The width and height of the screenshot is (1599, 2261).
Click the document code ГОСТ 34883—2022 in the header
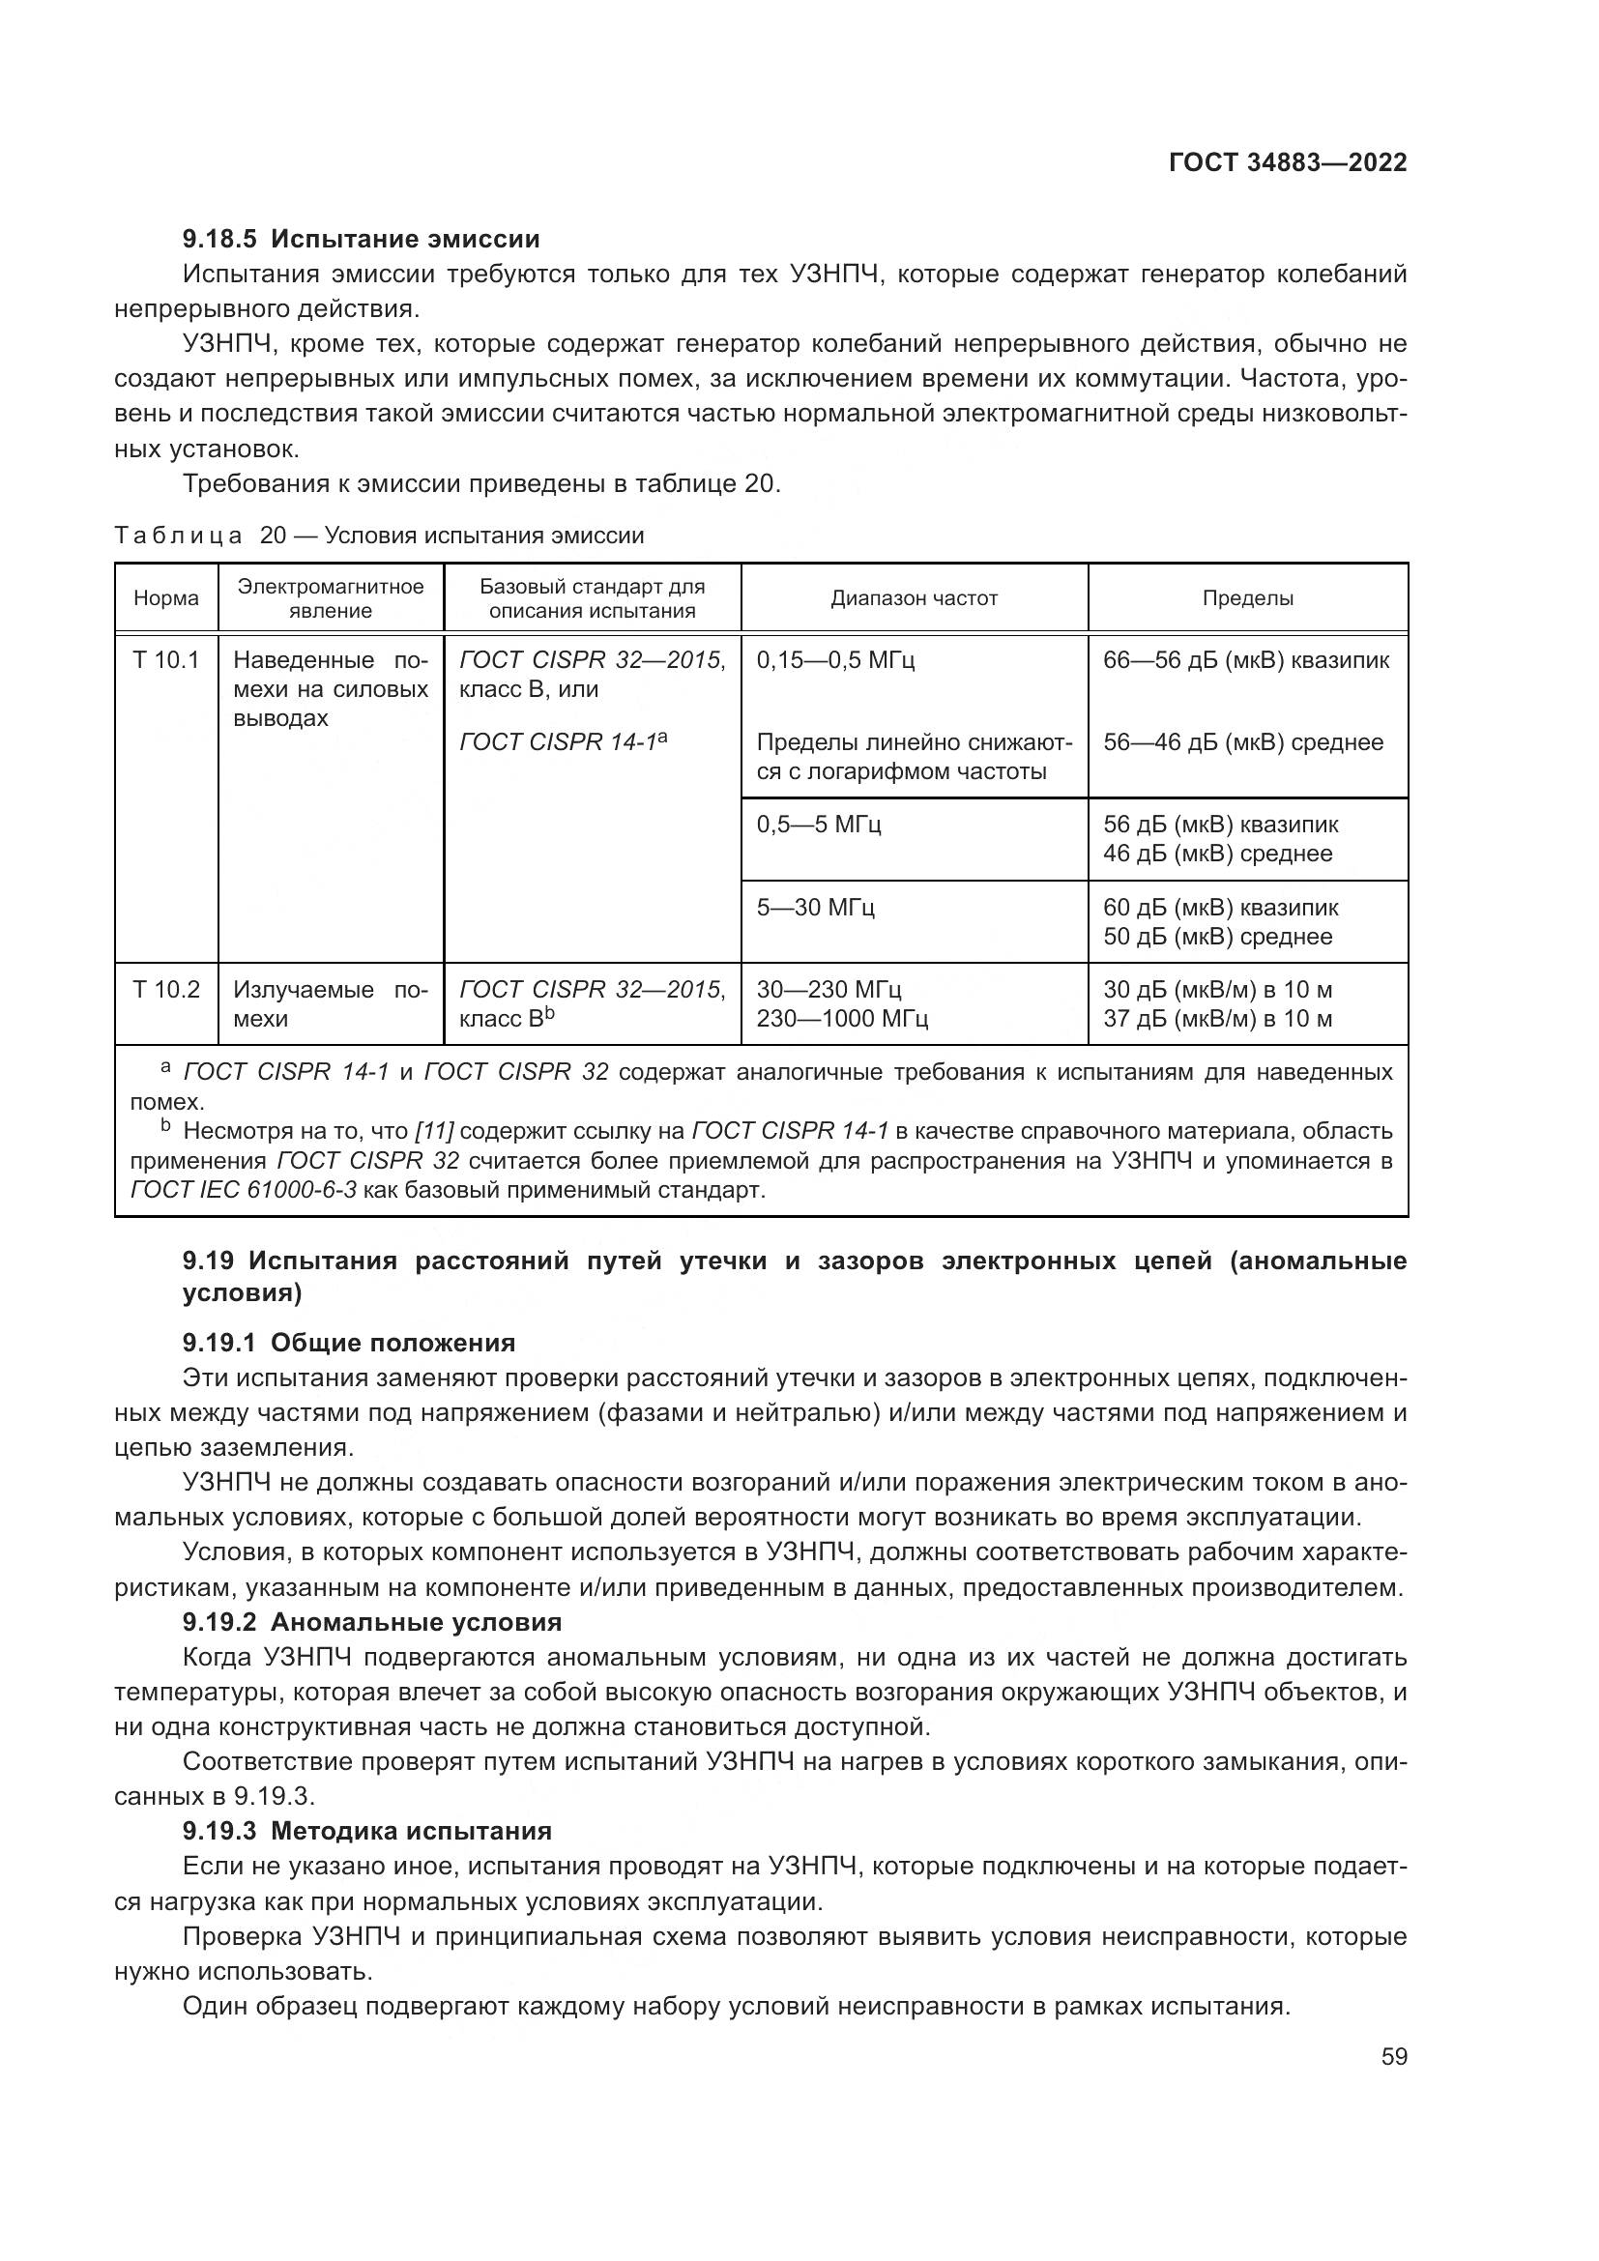tap(1287, 162)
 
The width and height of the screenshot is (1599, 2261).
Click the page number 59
tap(1393, 2056)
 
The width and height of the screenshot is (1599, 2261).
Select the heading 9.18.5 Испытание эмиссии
tap(361, 239)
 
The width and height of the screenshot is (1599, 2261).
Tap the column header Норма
tap(166, 597)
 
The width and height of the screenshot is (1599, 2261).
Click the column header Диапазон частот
tap(914, 597)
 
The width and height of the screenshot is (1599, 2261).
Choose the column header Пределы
tap(1247, 597)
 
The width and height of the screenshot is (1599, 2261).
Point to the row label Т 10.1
tap(166, 660)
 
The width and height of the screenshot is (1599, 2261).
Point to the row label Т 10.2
tap(166, 989)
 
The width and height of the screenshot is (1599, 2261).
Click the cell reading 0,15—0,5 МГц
tap(835, 660)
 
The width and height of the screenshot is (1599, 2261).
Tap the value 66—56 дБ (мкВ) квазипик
tap(1245, 660)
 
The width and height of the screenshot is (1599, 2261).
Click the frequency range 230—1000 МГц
tap(842, 1018)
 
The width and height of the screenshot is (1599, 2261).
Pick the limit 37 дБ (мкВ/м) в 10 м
tap(1217, 1018)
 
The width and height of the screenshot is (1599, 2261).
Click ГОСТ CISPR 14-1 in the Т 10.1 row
tap(562, 742)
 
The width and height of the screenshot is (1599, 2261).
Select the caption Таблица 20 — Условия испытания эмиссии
tap(379, 536)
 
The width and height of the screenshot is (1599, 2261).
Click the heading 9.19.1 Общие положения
tap(349, 1343)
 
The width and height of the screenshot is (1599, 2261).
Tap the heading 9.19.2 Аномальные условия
tap(372, 1621)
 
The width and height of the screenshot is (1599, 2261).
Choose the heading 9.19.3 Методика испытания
tap(366, 1831)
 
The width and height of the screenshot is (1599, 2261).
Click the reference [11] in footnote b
tap(434, 1131)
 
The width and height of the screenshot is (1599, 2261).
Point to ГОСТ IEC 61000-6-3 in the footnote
tap(244, 1190)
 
